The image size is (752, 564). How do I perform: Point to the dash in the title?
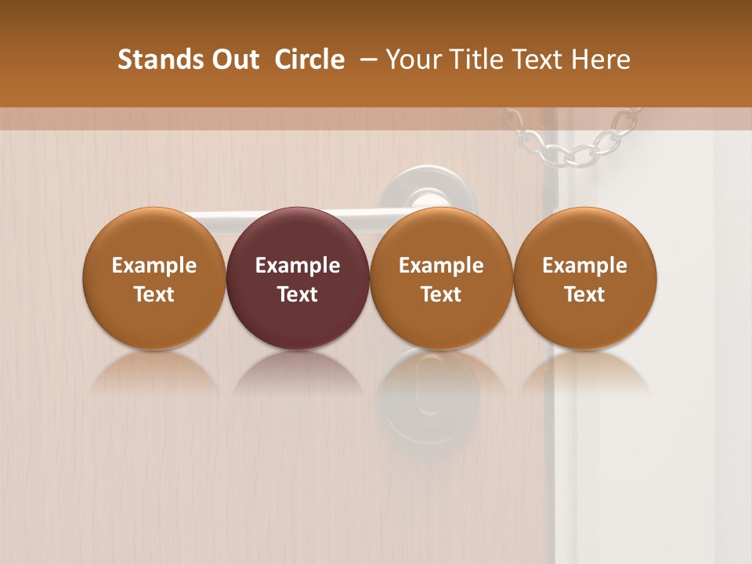(x=367, y=60)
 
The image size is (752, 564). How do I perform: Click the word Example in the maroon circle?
(x=298, y=266)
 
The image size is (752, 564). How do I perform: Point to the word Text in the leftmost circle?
(x=154, y=295)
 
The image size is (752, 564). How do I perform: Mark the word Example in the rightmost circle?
(x=585, y=266)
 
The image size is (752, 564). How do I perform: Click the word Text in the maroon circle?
(x=298, y=295)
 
